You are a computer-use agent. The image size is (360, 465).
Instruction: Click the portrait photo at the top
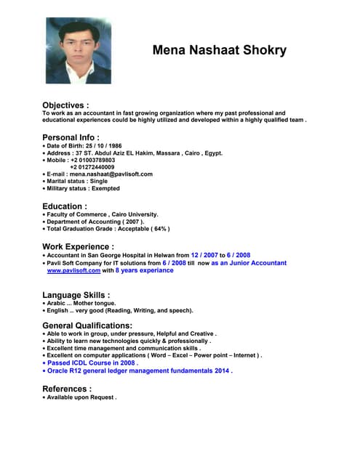coord(79,51)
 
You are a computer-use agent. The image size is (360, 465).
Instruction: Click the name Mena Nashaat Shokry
coord(219,51)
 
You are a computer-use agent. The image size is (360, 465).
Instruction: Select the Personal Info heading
coord(71,137)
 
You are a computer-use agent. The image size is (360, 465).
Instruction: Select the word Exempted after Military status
coord(105,189)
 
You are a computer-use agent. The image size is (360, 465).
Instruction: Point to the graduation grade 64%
coord(158,229)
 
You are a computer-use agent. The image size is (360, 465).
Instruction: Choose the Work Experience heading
coord(78,246)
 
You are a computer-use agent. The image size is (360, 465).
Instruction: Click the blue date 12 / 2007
coord(204,255)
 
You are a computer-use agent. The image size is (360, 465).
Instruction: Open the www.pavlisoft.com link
coord(73,270)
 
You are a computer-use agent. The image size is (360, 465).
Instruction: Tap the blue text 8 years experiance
coord(145,270)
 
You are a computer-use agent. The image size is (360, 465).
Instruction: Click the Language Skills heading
coord(76,295)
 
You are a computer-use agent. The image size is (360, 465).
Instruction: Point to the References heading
coord(67,389)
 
